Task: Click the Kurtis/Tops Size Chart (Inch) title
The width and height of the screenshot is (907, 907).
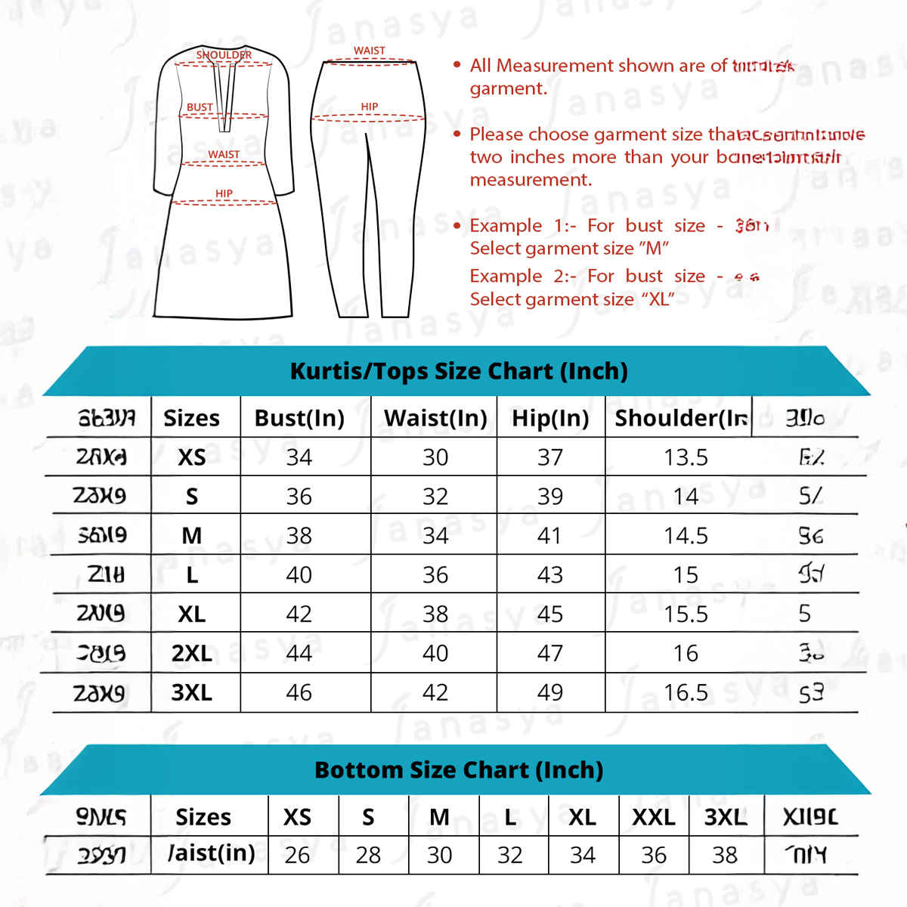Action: (x=459, y=371)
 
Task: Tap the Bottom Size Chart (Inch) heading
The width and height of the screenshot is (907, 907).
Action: (x=459, y=770)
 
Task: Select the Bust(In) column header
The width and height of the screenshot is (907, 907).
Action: (x=299, y=418)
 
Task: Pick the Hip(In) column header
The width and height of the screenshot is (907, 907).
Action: (x=550, y=418)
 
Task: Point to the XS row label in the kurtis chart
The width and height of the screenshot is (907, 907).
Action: (x=192, y=457)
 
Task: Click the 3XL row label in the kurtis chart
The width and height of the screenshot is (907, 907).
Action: (x=192, y=692)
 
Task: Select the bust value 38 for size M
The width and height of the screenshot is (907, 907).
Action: (x=299, y=536)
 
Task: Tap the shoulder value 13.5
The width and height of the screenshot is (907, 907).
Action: (x=686, y=457)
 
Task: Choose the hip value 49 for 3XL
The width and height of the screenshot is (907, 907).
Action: (x=550, y=692)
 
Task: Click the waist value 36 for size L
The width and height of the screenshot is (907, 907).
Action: (x=435, y=575)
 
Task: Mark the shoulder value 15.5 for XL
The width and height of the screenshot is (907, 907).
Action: (x=686, y=614)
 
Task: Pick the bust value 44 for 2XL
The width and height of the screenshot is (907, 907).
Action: (x=299, y=653)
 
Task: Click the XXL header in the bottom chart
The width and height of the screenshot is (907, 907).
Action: (x=654, y=817)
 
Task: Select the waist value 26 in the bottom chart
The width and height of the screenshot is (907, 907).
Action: (x=297, y=855)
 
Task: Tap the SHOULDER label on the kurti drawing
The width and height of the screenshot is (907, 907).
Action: (x=224, y=54)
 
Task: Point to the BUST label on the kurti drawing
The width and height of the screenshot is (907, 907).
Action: (x=200, y=107)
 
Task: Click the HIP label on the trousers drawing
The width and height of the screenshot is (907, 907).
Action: (x=370, y=107)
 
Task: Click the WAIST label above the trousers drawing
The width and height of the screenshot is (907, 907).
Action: (x=370, y=51)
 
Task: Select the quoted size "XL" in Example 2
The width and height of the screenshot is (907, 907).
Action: (x=658, y=299)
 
